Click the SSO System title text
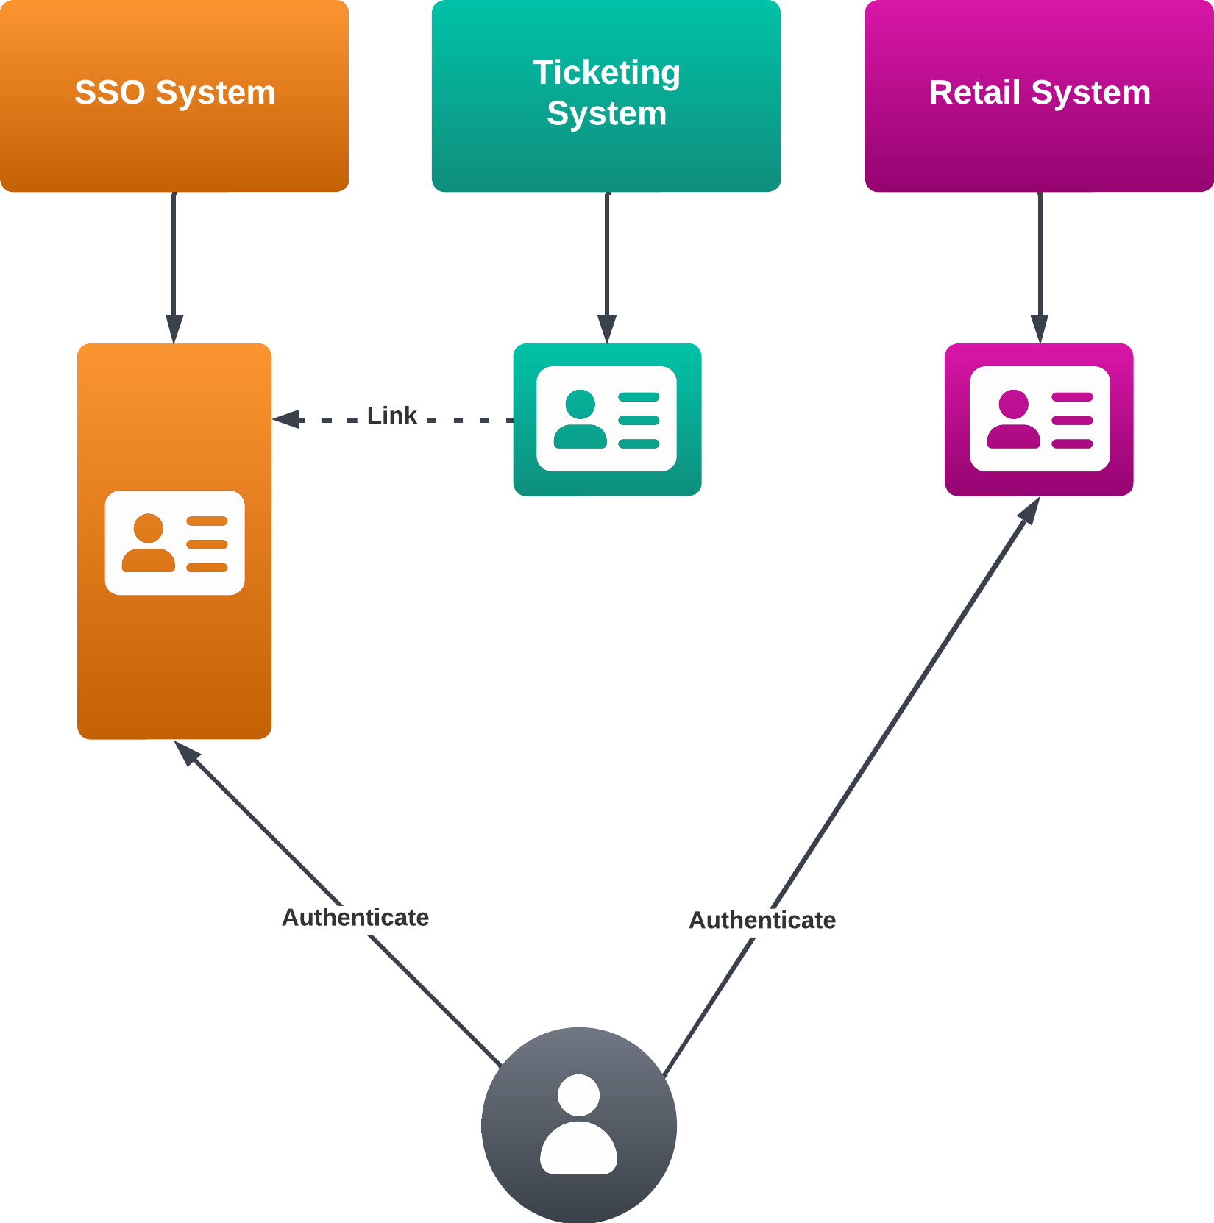[x=174, y=93]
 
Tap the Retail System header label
[x=1039, y=93]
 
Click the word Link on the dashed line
[x=391, y=416]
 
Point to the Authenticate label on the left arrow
[x=355, y=917]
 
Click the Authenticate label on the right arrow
[x=762, y=920]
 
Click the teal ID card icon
[x=606, y=418]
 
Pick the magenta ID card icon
[x=1039, y=418]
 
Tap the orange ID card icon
[x=174, y=543]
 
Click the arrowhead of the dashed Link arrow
[x=287, y=419]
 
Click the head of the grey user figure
[x=578, y=1095]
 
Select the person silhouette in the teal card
[x=580, y=419]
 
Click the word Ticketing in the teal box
[x=606, y=73]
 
